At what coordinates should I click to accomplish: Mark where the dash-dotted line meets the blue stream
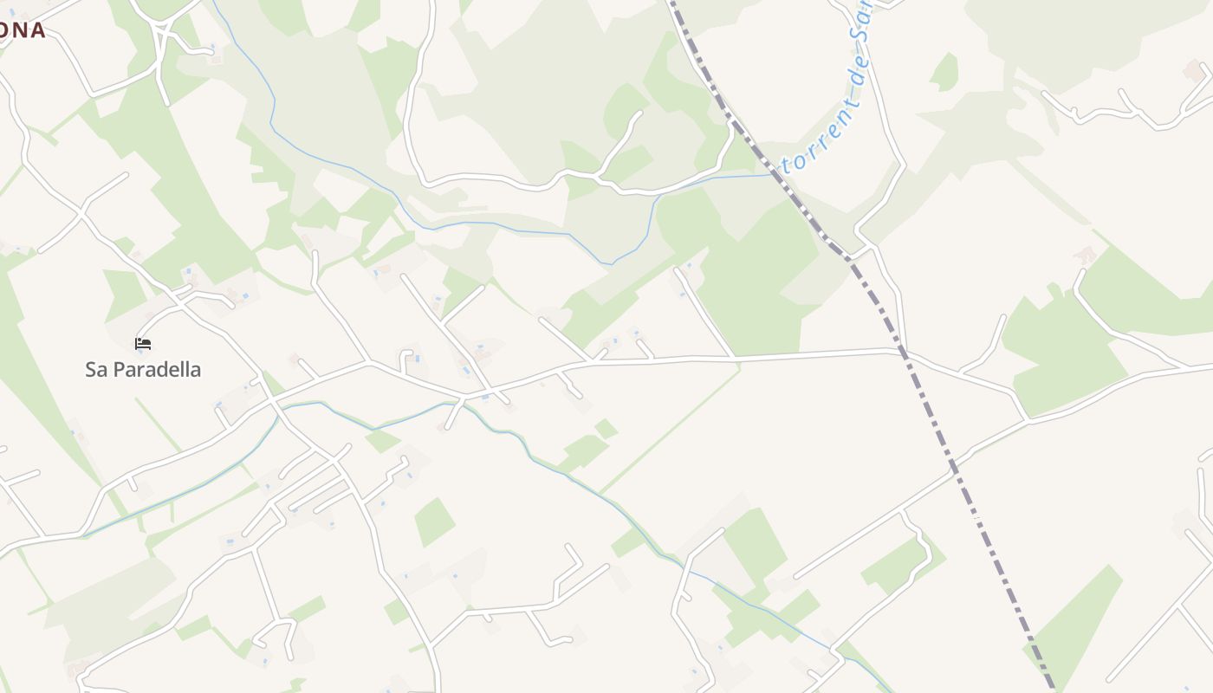click(774, 174)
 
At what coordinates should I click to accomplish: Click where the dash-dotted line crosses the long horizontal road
click(901, 352)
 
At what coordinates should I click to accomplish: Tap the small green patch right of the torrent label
click(945, 71)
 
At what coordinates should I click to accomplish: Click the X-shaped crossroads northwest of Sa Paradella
click(82, 210)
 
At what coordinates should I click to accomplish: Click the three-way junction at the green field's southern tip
click(1028, 421)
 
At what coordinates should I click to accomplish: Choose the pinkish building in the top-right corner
click(1194, 69)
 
